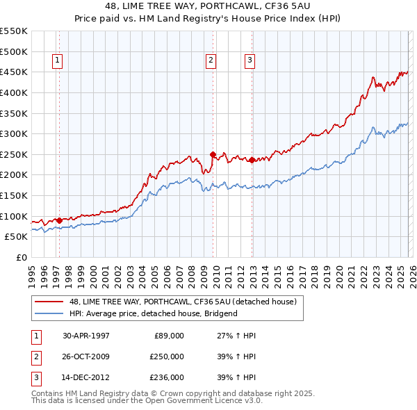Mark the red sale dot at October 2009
[x=213, y=154]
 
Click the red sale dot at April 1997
[x=60, y=220]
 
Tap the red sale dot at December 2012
[x=252, y=160]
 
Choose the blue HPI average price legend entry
[x=153, y=313]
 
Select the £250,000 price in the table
[x=166, y=356]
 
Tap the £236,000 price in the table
[x=166, y=377]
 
